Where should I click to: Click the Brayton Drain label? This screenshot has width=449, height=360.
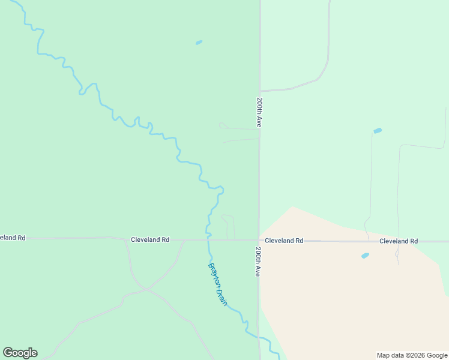coord(217,284)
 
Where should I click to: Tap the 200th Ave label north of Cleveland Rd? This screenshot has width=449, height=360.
coord(259,112)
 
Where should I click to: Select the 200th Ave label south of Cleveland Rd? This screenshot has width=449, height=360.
coord(258,261)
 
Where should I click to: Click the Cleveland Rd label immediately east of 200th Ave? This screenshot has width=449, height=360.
coord(284,241)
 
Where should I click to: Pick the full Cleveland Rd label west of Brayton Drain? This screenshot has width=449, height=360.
coord(150,239)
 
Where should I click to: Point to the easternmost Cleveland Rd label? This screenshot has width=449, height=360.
coord(399,241)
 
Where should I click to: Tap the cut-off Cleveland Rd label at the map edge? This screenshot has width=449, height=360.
coord(13,238)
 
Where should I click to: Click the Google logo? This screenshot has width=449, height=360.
coord(20,353)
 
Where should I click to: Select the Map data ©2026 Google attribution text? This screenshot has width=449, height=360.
coord(412,355)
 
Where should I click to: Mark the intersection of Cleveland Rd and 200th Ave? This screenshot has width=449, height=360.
coord(259,240)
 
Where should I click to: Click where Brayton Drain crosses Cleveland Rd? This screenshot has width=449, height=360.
coord(208,239)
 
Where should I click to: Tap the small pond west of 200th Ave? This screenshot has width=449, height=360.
coord(199,43)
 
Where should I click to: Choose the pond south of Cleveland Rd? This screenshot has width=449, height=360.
coord(365,256)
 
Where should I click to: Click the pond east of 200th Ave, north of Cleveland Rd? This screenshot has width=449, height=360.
coord(378,131)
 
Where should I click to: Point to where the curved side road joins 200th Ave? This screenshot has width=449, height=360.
coord(259,91)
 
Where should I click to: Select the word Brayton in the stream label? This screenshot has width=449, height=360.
coord(214,275)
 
